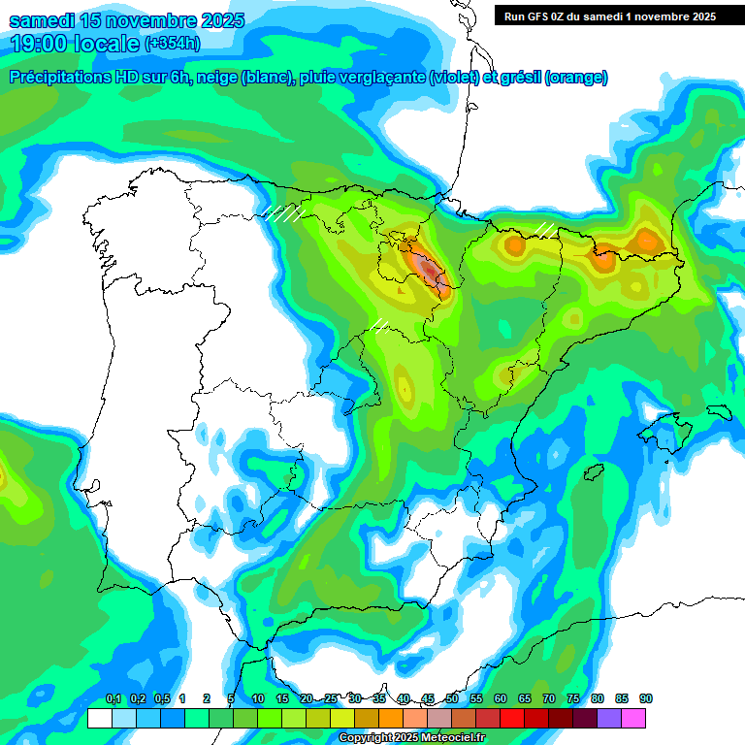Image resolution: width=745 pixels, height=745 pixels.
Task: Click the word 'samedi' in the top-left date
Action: coord(48,20)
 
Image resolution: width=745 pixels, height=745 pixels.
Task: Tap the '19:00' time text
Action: coord(41,43)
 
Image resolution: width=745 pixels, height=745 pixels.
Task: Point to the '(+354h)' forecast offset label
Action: coord(172,43)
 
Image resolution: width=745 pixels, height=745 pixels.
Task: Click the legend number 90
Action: coord(646,698)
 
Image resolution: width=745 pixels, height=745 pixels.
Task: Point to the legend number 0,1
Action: coord(113,698)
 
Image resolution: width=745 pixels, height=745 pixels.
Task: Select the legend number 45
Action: coord(428,698)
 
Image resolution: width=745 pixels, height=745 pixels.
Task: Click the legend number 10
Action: coord(258,698)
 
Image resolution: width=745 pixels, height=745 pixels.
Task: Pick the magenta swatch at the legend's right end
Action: coord(633,718)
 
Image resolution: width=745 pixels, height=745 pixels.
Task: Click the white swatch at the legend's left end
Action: coord(99,718)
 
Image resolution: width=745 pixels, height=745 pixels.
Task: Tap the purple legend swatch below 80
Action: coord(609,718)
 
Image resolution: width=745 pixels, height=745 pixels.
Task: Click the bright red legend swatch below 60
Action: coord(512,718)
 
